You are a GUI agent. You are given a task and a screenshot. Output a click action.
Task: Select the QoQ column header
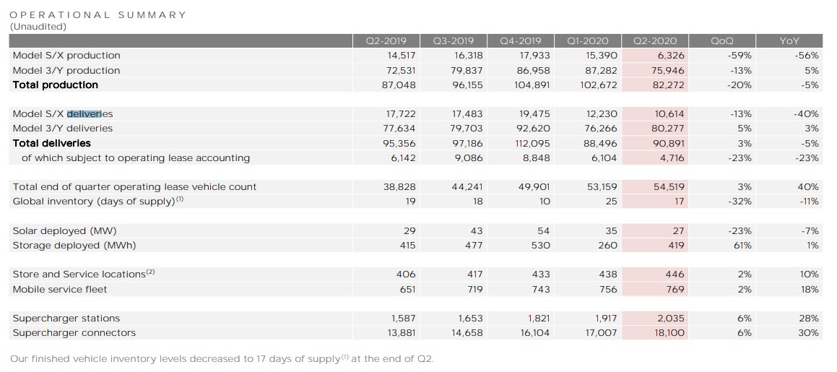click(x=722, y=41)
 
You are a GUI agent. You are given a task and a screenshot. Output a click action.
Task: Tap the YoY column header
click(x=789, y=41)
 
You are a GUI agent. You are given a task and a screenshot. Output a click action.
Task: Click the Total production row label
click(x=55, y=85)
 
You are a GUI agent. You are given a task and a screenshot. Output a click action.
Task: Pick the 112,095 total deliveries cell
click(x=531, y=143)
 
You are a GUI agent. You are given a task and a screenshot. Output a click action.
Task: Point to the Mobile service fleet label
click(x=59, y=290)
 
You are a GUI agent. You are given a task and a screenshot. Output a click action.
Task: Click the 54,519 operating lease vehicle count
click(x=667, y=187)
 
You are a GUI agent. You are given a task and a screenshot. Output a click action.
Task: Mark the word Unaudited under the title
click(x=38, y=27)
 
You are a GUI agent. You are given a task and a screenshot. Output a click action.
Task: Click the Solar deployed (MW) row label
click(x=64, y=231)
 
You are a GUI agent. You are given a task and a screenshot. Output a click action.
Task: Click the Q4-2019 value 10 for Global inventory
click(x=544, y=202)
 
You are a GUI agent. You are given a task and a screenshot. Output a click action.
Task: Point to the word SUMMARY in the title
click(x=152, y=14)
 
